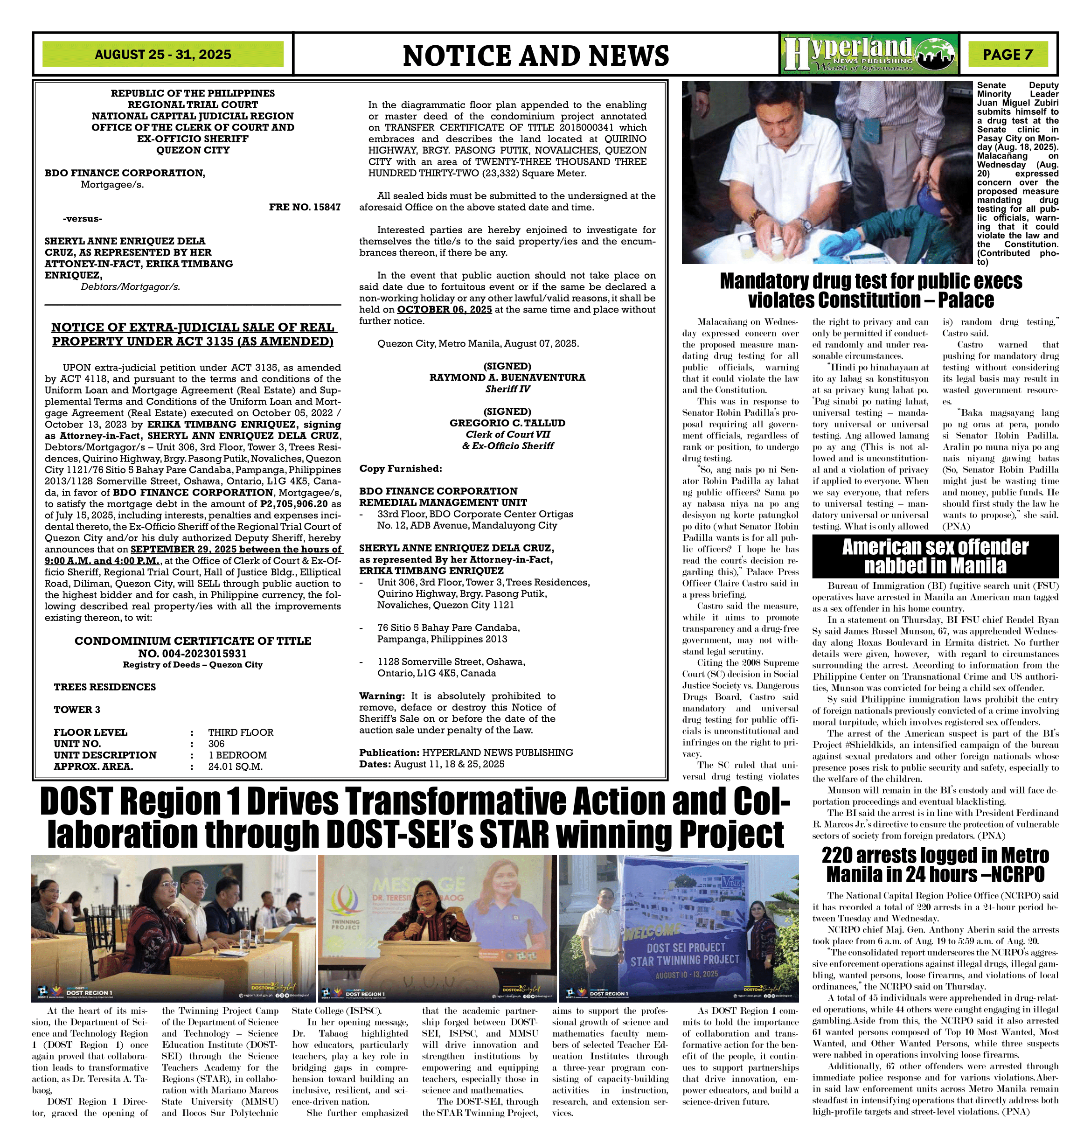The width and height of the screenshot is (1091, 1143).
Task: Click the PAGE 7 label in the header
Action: coord(1008,55)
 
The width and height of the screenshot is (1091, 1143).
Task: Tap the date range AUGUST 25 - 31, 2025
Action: coord(163,55)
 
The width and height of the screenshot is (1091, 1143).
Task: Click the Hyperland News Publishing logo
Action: coord(869,54)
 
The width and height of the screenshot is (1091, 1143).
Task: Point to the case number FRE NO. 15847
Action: coord(305,207)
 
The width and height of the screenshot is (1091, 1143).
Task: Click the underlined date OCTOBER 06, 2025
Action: coord(445,309)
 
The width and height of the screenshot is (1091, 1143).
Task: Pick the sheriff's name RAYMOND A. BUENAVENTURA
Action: coord(507,377)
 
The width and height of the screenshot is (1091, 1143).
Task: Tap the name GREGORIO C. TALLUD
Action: coord(507,423)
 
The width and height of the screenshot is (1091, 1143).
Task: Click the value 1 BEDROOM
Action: coord(237,755)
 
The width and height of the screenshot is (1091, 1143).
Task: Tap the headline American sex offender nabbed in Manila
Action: coord(935,556)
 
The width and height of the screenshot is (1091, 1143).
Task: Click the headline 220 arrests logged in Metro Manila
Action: coord(935,864)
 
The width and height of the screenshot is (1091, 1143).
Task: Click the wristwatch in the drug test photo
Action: coord(805,224)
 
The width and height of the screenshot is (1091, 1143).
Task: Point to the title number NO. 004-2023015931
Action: coord(193,653)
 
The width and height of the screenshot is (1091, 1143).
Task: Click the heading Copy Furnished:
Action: coord(400,468)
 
